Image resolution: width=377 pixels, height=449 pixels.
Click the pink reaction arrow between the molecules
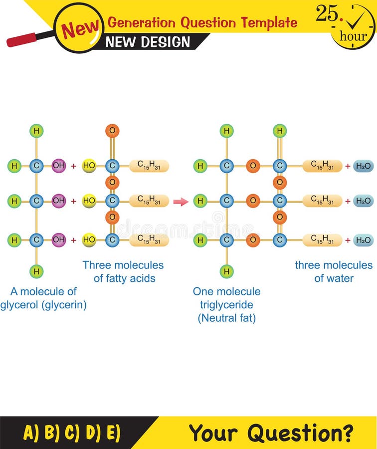coord(181,202)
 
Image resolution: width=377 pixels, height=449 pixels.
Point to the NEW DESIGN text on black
coord(148,42)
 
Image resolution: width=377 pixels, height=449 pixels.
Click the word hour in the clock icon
coord(353,36)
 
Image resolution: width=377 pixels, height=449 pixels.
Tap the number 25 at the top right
coord(327,14)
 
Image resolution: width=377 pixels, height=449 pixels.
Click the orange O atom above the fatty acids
coord(112,131)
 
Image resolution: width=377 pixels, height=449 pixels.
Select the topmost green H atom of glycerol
coord(36,131)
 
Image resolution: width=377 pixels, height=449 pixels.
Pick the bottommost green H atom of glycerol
coord(36,271)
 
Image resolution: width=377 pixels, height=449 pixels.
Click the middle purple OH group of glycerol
coord(59,201)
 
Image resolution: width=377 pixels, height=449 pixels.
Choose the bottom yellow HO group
coord(89,240)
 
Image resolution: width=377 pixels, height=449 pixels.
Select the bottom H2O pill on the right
coord(363,240)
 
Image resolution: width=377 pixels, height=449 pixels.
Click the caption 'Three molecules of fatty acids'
coord(123,272)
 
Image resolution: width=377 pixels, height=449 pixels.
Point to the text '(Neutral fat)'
coord(227,318)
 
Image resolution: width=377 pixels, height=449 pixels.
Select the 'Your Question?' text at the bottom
coord(271,432)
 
